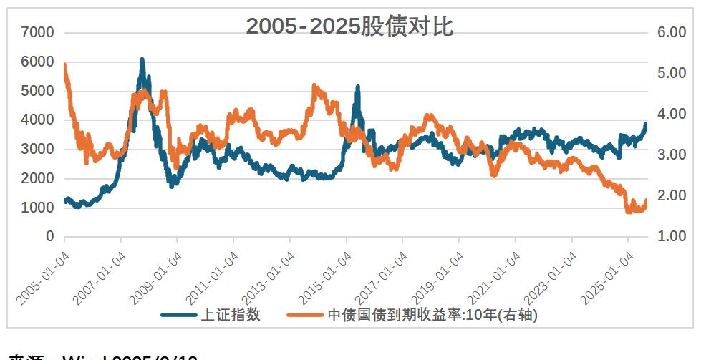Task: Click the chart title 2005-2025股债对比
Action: [x=349, y=26]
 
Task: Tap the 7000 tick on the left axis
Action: [x=38, y=32]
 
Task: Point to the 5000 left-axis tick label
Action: [x=38, y=91]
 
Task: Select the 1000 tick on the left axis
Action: [x=38, y=208]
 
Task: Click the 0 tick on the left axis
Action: [x=49, y=237]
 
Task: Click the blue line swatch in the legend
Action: [x=178, y=315]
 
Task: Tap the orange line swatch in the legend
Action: [x=304, y=315]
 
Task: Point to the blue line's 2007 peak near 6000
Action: [x=142, y=60]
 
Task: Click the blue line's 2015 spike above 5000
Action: [x=357, y=87]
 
